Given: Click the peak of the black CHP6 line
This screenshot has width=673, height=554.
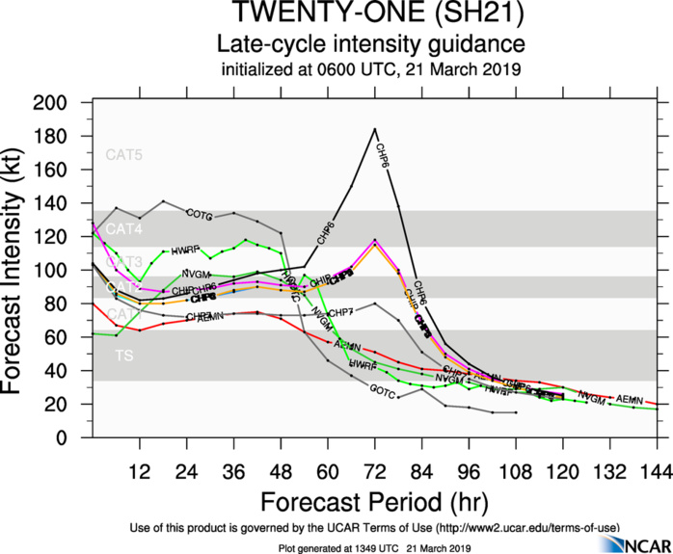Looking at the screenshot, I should tap(374, 128).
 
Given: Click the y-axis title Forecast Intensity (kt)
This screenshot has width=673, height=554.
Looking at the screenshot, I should tap(20, 270).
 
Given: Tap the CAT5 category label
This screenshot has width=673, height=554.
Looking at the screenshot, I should tap(123, 154).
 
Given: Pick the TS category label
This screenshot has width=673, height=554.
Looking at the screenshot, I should tap(124, 356).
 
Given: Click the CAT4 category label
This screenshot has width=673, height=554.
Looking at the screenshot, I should tap(123, 228).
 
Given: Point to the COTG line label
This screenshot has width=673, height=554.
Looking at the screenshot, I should tap(199, 214).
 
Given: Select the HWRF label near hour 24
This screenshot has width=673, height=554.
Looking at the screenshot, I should tap(184, 251).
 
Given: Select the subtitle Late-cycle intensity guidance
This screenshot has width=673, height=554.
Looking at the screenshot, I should tap(371, 44).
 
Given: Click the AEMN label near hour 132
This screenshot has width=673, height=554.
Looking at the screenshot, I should tap(629, 399).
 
